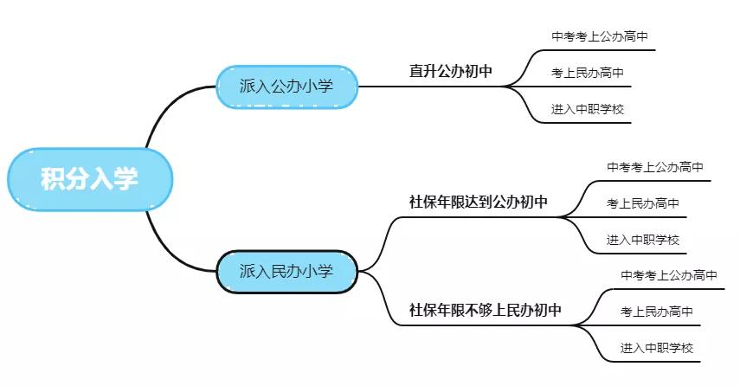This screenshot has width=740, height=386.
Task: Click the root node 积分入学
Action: (x=90, y=179)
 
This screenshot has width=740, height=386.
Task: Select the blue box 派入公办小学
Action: (x=286, y=86)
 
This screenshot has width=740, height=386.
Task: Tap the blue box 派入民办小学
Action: (x=286, y=271)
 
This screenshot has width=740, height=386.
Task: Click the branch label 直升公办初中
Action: (x=451, y=71)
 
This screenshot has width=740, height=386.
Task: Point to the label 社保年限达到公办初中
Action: (x=479, y=203)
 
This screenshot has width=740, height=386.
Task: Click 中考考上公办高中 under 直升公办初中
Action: (x=600, y=36)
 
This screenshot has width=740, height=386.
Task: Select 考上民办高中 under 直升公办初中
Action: (x=588, y=73)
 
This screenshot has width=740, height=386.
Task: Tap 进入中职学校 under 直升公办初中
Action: (x=588, y=109)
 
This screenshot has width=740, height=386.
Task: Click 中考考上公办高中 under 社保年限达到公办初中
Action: (x=655, y=167)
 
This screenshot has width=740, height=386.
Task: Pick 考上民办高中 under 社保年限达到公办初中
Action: (x=643, y=203)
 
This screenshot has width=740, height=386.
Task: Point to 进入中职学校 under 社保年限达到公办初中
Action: (x=643, y=240)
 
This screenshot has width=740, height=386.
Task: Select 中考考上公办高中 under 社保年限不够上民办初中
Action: (x=669, y=275)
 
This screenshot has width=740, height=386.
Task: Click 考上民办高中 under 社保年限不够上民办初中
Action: (x=657, y=312)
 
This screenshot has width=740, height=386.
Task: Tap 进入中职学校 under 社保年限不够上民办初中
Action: (x=657, y=348)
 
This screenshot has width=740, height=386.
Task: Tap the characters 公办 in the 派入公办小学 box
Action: (x=286, y=86)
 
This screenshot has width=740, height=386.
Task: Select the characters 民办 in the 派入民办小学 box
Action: (x=286, y=271)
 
